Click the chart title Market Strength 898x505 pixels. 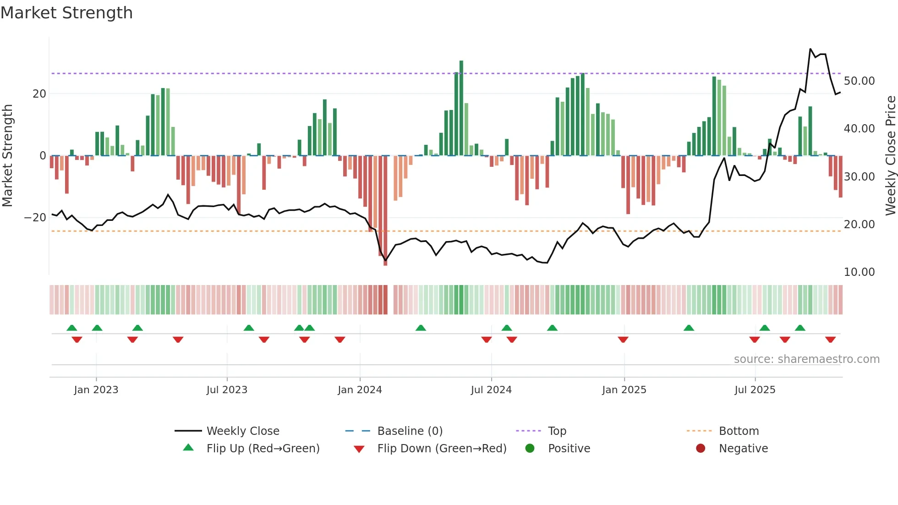[66, 13]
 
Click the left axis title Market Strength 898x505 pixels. [7, 155]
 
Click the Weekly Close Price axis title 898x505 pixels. [890, 155]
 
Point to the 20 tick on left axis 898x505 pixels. [39, 94]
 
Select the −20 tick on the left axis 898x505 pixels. [36, 218]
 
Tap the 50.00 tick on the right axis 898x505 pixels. [859, 81]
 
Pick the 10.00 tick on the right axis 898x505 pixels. [859, 272]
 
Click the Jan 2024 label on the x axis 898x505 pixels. [360, 390]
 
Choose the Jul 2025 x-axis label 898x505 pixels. [755, 390]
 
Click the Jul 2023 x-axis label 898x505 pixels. [227, 390]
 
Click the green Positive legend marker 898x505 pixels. [530, 449]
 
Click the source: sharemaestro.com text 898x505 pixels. [806, 359]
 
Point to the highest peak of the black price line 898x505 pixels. [810, 49]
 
